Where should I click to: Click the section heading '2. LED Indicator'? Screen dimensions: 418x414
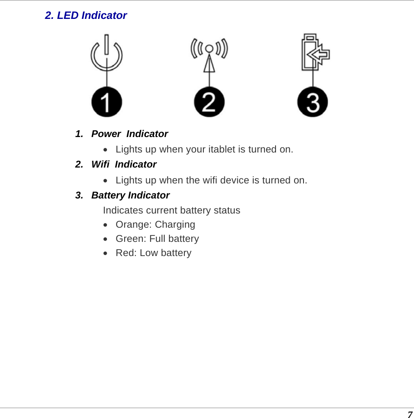[x=86, y=15]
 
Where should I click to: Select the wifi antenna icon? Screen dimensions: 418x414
[x=209, y=54]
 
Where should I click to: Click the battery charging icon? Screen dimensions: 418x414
[x=314, y=52]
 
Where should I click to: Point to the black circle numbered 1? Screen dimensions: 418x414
[x=107, y=102]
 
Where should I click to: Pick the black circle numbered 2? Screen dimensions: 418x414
[x=209, y=102]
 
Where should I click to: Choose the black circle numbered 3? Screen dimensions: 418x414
[x=313, y=102]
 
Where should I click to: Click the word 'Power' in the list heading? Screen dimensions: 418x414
[x=106, y=134]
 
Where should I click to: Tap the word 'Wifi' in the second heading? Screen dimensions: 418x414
[x=100, y=165]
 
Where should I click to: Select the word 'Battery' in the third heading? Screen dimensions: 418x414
[x=108, y=195]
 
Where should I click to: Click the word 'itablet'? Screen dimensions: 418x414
[x=221, y=150]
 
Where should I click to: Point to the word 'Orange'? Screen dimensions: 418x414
[x=133, y=225]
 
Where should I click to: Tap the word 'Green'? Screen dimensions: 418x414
[x=131, y=239]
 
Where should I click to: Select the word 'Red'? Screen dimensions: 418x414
[x=125, y=253]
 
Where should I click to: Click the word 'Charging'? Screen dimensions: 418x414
[x=175, y=225]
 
